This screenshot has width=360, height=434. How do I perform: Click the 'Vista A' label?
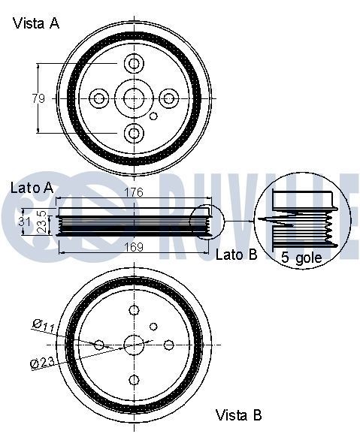(x=36, y=23)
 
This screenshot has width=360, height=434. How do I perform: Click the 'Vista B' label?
(x=239, y=414)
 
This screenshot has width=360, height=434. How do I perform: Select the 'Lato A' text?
(x=31, y=188)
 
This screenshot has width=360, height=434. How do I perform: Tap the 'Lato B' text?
(x=236, y=255)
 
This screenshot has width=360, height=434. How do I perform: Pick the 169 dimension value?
(x=134, y=246)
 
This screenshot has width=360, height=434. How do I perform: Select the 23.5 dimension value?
(x=42, y=222)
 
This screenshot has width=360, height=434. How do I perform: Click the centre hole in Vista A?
(x=134, y=98)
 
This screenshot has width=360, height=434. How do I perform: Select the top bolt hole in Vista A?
(x=134, y=63)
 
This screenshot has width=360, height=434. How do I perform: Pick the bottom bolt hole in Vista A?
(x=134, y=133)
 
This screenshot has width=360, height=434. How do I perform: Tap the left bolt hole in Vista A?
(x=99, y=98)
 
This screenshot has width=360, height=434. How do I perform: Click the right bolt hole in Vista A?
(x=169, y=98)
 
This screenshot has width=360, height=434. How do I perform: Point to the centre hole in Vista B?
(x=134, y=345)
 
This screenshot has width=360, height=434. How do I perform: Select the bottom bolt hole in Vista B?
(x=134, y=379)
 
